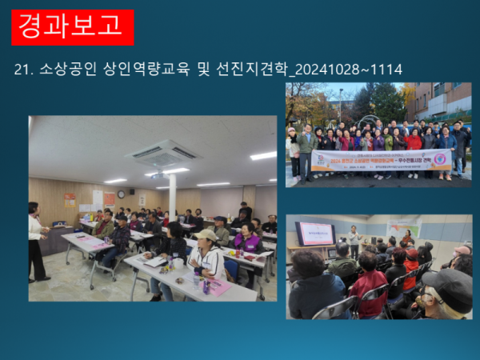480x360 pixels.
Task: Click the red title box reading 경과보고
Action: click(73, 26)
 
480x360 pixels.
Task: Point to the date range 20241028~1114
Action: click(349, 70)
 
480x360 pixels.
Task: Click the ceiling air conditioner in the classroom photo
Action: click(162, 152)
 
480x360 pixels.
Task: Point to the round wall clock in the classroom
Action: click(121, 194)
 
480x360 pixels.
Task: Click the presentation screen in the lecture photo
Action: click(315, 233)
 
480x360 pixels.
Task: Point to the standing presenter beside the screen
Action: click(352, 242)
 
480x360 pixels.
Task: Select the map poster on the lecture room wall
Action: click(404, 227)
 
